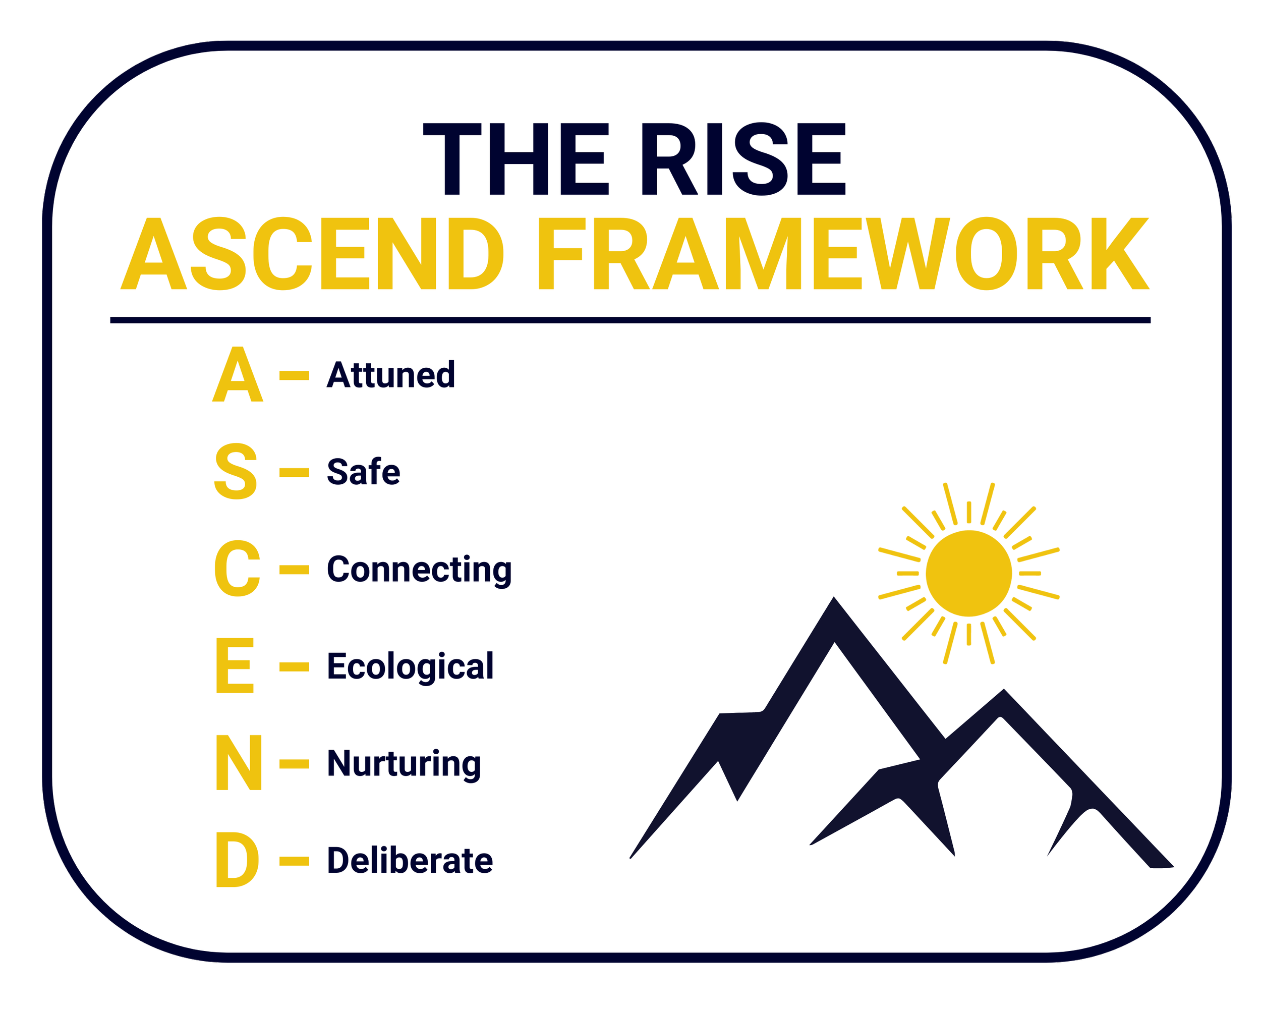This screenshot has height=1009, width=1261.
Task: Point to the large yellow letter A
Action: click(237, 375)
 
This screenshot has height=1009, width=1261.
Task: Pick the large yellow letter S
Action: click(236, 471)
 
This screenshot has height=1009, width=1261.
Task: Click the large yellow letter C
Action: click(237, 569)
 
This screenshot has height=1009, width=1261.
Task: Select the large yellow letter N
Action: click(238, 763)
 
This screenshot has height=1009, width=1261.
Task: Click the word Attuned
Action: click(391, 375)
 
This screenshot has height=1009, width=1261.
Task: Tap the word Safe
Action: click(363, 472)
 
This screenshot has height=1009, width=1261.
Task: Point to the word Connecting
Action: click(419, 570)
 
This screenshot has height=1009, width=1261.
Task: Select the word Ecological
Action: click(410, 667)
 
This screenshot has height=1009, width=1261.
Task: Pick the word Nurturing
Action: click(404, 764)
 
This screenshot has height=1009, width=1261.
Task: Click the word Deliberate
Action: click(410, 861)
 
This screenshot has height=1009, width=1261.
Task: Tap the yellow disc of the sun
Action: click(968, 573)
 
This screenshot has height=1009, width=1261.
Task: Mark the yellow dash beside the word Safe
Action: click(294, 472)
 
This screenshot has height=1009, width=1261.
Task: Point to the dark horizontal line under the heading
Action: click(630, 320)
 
